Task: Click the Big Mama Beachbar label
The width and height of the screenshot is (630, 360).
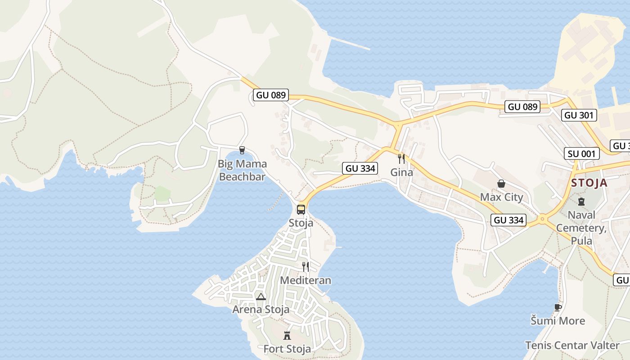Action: click(242, 170)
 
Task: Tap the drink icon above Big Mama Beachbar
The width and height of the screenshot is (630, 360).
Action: click(242, 150)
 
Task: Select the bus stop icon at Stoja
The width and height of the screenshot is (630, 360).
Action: click(301, 210)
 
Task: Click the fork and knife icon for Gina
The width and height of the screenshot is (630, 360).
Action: click(401, 158)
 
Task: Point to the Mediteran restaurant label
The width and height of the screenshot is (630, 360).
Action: click(306, 280)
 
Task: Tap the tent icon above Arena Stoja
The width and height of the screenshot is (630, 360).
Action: click(261, 297)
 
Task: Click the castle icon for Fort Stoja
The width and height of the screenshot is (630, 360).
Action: click(287, 335)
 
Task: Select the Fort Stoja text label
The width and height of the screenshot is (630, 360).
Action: click(287, 349)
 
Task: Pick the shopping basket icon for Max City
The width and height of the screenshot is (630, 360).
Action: click(501, 184)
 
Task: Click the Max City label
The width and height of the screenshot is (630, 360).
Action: click(501, 197)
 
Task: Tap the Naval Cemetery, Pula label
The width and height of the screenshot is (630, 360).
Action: click(581, 228)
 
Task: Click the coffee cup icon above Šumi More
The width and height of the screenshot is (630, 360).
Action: click(558, 307)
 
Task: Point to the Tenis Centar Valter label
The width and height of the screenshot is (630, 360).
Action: click(572, 346)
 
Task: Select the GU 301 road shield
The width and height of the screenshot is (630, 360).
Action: click(579, 115)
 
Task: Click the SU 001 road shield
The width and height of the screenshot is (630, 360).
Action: click(582, 153)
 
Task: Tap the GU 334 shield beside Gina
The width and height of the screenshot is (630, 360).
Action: click(360, 168)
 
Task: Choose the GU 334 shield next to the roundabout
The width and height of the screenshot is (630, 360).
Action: click(509, 220)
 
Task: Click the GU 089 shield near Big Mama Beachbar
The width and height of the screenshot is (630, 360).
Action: click(271, 95)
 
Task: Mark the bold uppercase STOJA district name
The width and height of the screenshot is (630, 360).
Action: click(589, 183)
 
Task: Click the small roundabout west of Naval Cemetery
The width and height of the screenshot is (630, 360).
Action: click(542, 220)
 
